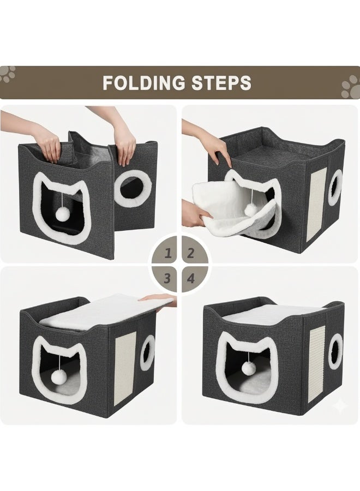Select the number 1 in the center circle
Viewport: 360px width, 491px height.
[x=169, y=253]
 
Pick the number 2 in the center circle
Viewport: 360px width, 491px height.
[x=191, y=253]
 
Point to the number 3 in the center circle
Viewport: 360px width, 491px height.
[x=169, y=278]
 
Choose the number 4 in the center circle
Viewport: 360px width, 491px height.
[x=191, y=278]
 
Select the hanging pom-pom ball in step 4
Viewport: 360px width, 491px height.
[x=248, y=368]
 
